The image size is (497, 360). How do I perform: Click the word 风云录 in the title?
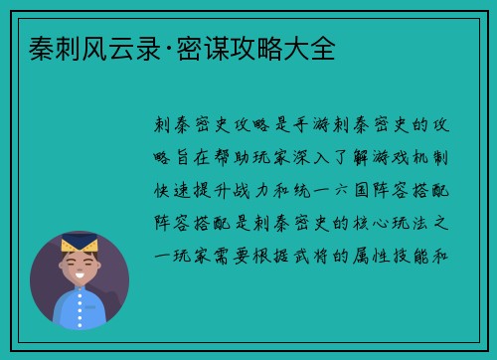tap(112, 47)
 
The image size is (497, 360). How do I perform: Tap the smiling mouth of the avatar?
tap(80, 276)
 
